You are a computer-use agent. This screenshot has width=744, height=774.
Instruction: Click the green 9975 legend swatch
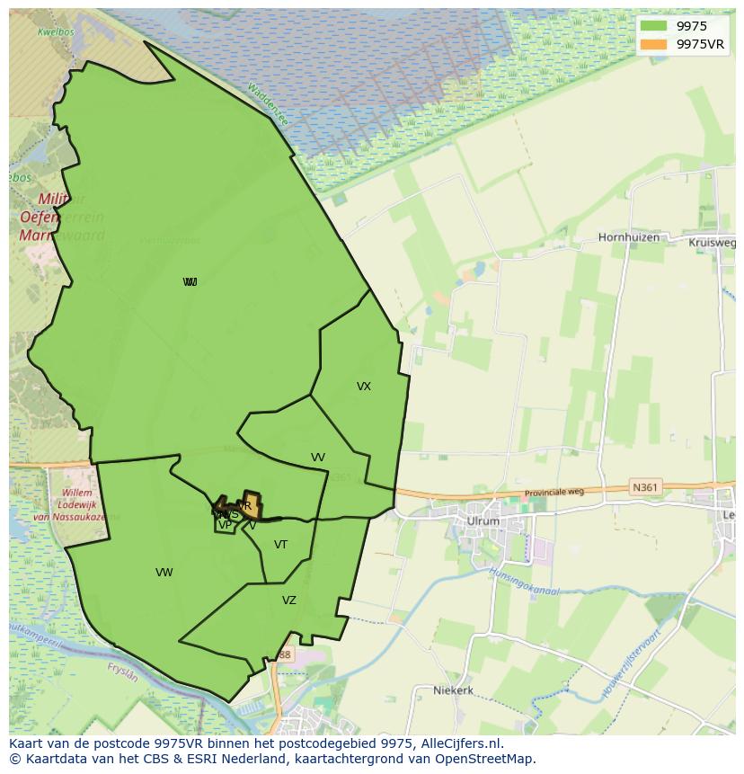pos(653,27)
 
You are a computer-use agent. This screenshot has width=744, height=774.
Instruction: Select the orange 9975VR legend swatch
pos(653,44)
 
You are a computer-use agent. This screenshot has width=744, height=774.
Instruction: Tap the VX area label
pos(364,387)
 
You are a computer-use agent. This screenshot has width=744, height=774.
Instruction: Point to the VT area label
pos(281,545)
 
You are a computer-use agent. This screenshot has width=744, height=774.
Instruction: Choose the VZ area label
pos(289,601)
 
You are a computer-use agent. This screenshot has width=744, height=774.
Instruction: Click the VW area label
pos(164,573)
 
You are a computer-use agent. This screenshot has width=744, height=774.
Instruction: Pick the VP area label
pos(225,525)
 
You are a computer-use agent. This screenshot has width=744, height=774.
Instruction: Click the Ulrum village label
pos(483,521)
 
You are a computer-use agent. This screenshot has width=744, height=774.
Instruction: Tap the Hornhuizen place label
pos(629,238)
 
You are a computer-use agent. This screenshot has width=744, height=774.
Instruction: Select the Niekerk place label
pos(453,690)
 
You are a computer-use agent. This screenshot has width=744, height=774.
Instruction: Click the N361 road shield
pos(644,487)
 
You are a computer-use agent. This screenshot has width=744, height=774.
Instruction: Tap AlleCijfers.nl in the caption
pos(465,743)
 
